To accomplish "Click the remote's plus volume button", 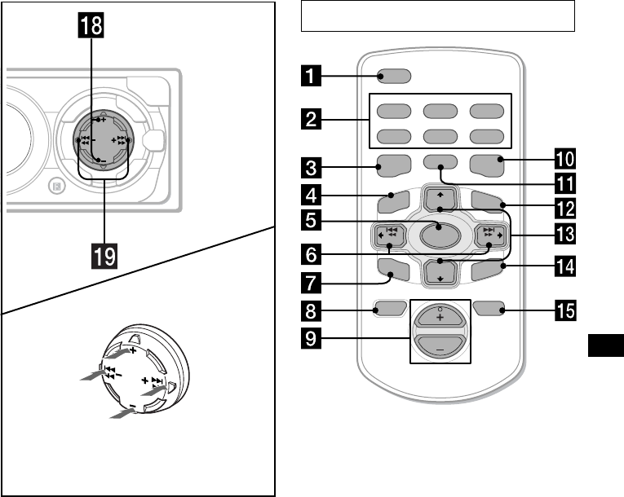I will click(440, 319).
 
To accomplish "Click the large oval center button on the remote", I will click(440, 236).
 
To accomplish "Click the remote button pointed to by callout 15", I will click(488, 310).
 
